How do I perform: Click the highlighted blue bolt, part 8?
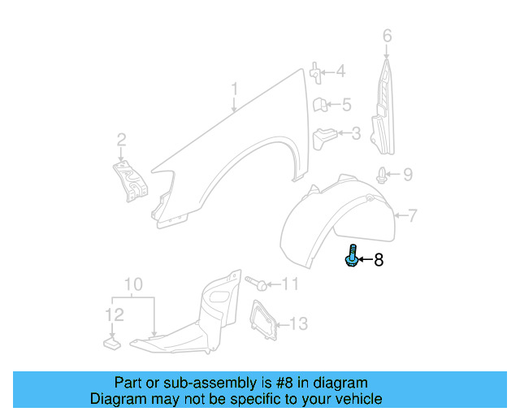pos(352,257)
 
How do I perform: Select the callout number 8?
pos(378,261)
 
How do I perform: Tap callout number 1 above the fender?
pos(234,89)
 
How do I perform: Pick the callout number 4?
pos(340,72)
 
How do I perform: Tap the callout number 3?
pos(355,132)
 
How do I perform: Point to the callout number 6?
pos(387,36)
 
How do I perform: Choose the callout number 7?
pos(412,216)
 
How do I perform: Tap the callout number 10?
pos(133,284)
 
